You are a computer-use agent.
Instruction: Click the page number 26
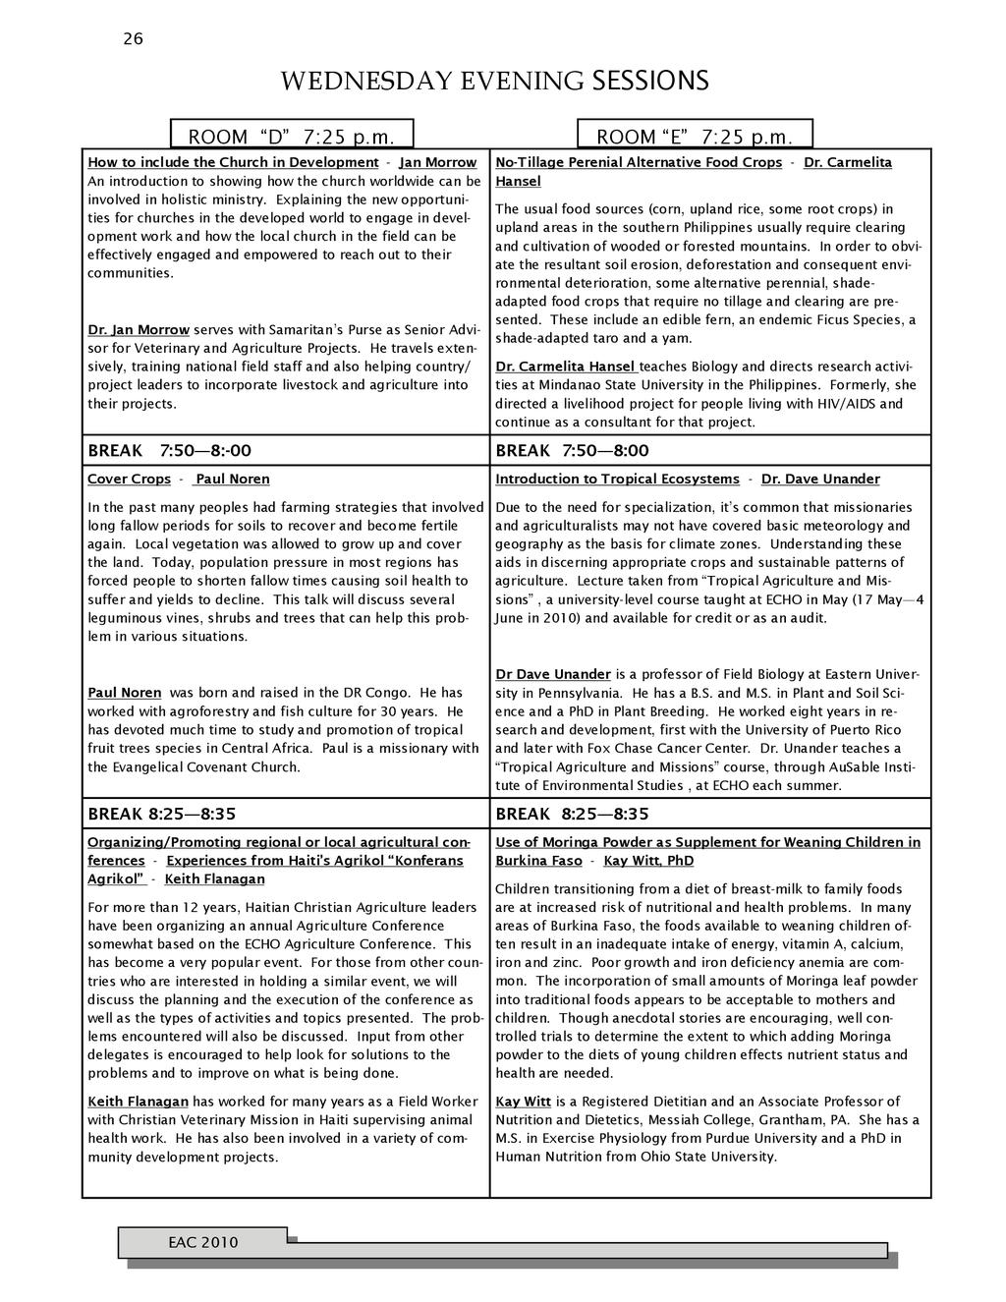[x=133, y=39]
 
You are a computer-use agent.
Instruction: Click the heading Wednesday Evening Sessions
[x=494, y=81]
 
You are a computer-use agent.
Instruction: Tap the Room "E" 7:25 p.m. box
[x=695, y=135]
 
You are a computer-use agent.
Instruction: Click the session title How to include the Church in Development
[x=233, y=162]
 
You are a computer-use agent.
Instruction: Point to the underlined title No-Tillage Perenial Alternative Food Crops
[x=639, y=162]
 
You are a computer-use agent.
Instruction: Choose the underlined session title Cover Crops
[x=129, y=480]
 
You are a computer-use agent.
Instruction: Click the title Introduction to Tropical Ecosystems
[x=617, y=480]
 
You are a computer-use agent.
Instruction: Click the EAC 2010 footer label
[x=202, y=1243]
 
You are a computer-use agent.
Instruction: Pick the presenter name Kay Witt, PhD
[x=648, y=861]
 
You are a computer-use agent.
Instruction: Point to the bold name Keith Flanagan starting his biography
[x=138, y=1102]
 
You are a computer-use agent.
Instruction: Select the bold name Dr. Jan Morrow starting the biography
[x=138, y=330]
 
